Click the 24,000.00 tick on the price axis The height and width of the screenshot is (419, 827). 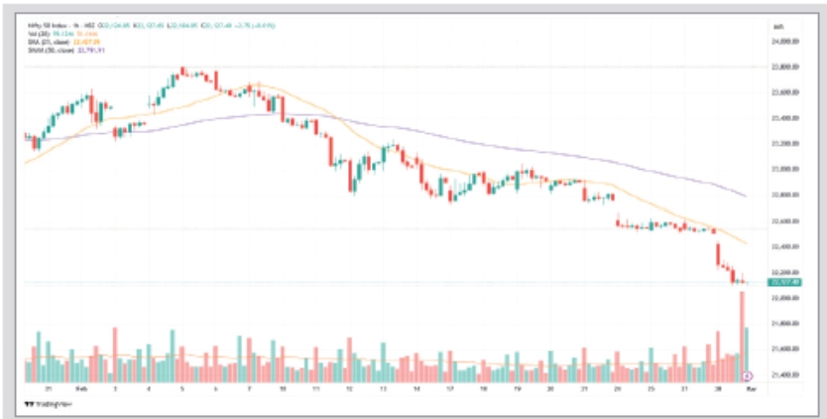pyautogui.click(x=784, y=42)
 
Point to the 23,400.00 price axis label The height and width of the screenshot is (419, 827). pyautogui.click(x=784, y=118)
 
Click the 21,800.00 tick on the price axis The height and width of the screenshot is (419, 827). pyautogui.click(x=784, y=324)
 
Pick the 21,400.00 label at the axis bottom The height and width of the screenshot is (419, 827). pyautogui.click(x=784, y=374)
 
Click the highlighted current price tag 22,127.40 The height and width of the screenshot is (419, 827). pyautogui.click(x=784, y=284)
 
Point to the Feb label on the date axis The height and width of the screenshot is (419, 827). pyautogui.click(x=81, y=390)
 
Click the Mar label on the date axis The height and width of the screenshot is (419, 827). pyautogui.click(x=751, y=390)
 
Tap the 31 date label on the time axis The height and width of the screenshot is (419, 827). pyautogui.click(x=49, y=390)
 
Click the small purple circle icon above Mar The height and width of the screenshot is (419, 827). pyautogui.click(x=747, y=375)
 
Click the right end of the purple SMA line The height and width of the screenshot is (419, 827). pyautogui.click(x=745, y=196)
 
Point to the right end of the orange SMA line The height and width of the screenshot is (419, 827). pyautogui.click(x=746, y=242)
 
